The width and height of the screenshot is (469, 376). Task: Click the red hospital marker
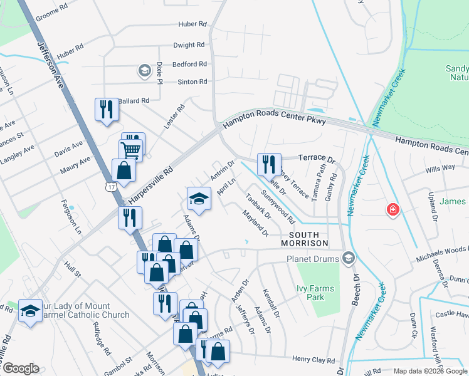[x=393, y=209]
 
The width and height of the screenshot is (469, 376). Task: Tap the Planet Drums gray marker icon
[x=349, y=258]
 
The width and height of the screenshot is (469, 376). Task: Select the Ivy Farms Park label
[x=315, y=293]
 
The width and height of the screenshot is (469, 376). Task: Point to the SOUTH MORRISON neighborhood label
[x=304, y=238]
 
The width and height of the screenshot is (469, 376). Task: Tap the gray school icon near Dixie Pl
[x=145, y=71]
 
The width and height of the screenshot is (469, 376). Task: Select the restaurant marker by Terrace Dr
[x=268, y=164]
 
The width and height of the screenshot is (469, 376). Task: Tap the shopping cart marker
[x=131, y=149]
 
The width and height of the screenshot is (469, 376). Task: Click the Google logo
[x=20, y=368]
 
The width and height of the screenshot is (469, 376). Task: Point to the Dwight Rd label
[x=190, y=45]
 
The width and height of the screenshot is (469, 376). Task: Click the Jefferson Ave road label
[x=50, y=63]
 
